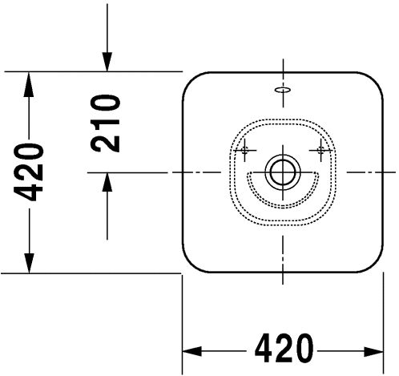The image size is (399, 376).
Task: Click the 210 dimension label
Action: tap(105, 123)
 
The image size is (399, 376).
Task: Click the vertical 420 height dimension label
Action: tap(28, 172)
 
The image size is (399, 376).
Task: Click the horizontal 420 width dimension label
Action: tap(284, 348)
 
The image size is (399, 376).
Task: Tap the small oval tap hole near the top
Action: tap(283, 90)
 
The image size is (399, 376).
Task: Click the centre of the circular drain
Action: tap(283, 172)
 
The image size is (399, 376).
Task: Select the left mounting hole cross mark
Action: tap(244, 151)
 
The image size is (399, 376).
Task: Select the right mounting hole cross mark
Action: tap(320, 151)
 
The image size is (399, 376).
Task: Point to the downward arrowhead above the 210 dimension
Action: tap(107, 62)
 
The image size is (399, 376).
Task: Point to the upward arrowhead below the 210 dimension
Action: tap(107, 182)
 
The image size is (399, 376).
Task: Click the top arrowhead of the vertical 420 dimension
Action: tap(29, 84)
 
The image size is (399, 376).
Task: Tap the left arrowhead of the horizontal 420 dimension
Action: tap(191, 351)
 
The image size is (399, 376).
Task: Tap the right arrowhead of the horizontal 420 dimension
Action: tap(374, 351)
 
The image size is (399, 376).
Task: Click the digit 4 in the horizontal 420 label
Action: tap(264, 348)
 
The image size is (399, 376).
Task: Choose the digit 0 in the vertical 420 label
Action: tap(28, 153)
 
